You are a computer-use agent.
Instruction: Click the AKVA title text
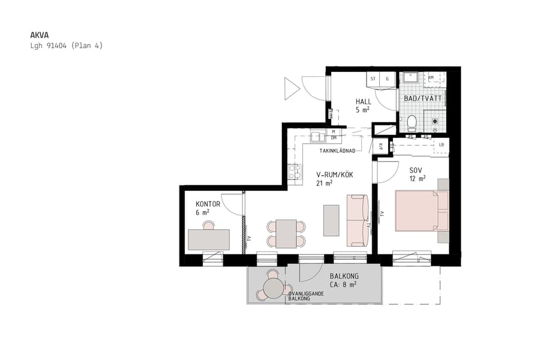[x=40, y=35]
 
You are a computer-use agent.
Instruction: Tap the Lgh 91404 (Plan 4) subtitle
[x=66, y=46]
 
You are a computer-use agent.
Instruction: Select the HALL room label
[x=363, y=102]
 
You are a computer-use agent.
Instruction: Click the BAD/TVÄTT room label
[x=422, y=98]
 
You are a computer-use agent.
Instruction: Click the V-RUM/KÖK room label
[x=335, y=175]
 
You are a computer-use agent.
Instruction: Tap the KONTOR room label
[x=208, y=204]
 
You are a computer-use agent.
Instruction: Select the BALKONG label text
[x=344, y=277]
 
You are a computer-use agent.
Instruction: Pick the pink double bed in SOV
[x=421, y=211]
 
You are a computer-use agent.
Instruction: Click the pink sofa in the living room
[x=358, y=220]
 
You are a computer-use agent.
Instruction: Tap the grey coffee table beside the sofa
[x=331, y=220]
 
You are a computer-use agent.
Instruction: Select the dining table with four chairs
[x=286, y=233]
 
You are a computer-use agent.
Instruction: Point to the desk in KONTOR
[x=208, y=239]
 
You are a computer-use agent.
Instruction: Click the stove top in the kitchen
[x=294, y=172]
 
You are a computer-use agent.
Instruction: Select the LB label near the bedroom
[x=441, y=145]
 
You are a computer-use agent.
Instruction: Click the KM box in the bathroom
[x=431, y=78]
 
